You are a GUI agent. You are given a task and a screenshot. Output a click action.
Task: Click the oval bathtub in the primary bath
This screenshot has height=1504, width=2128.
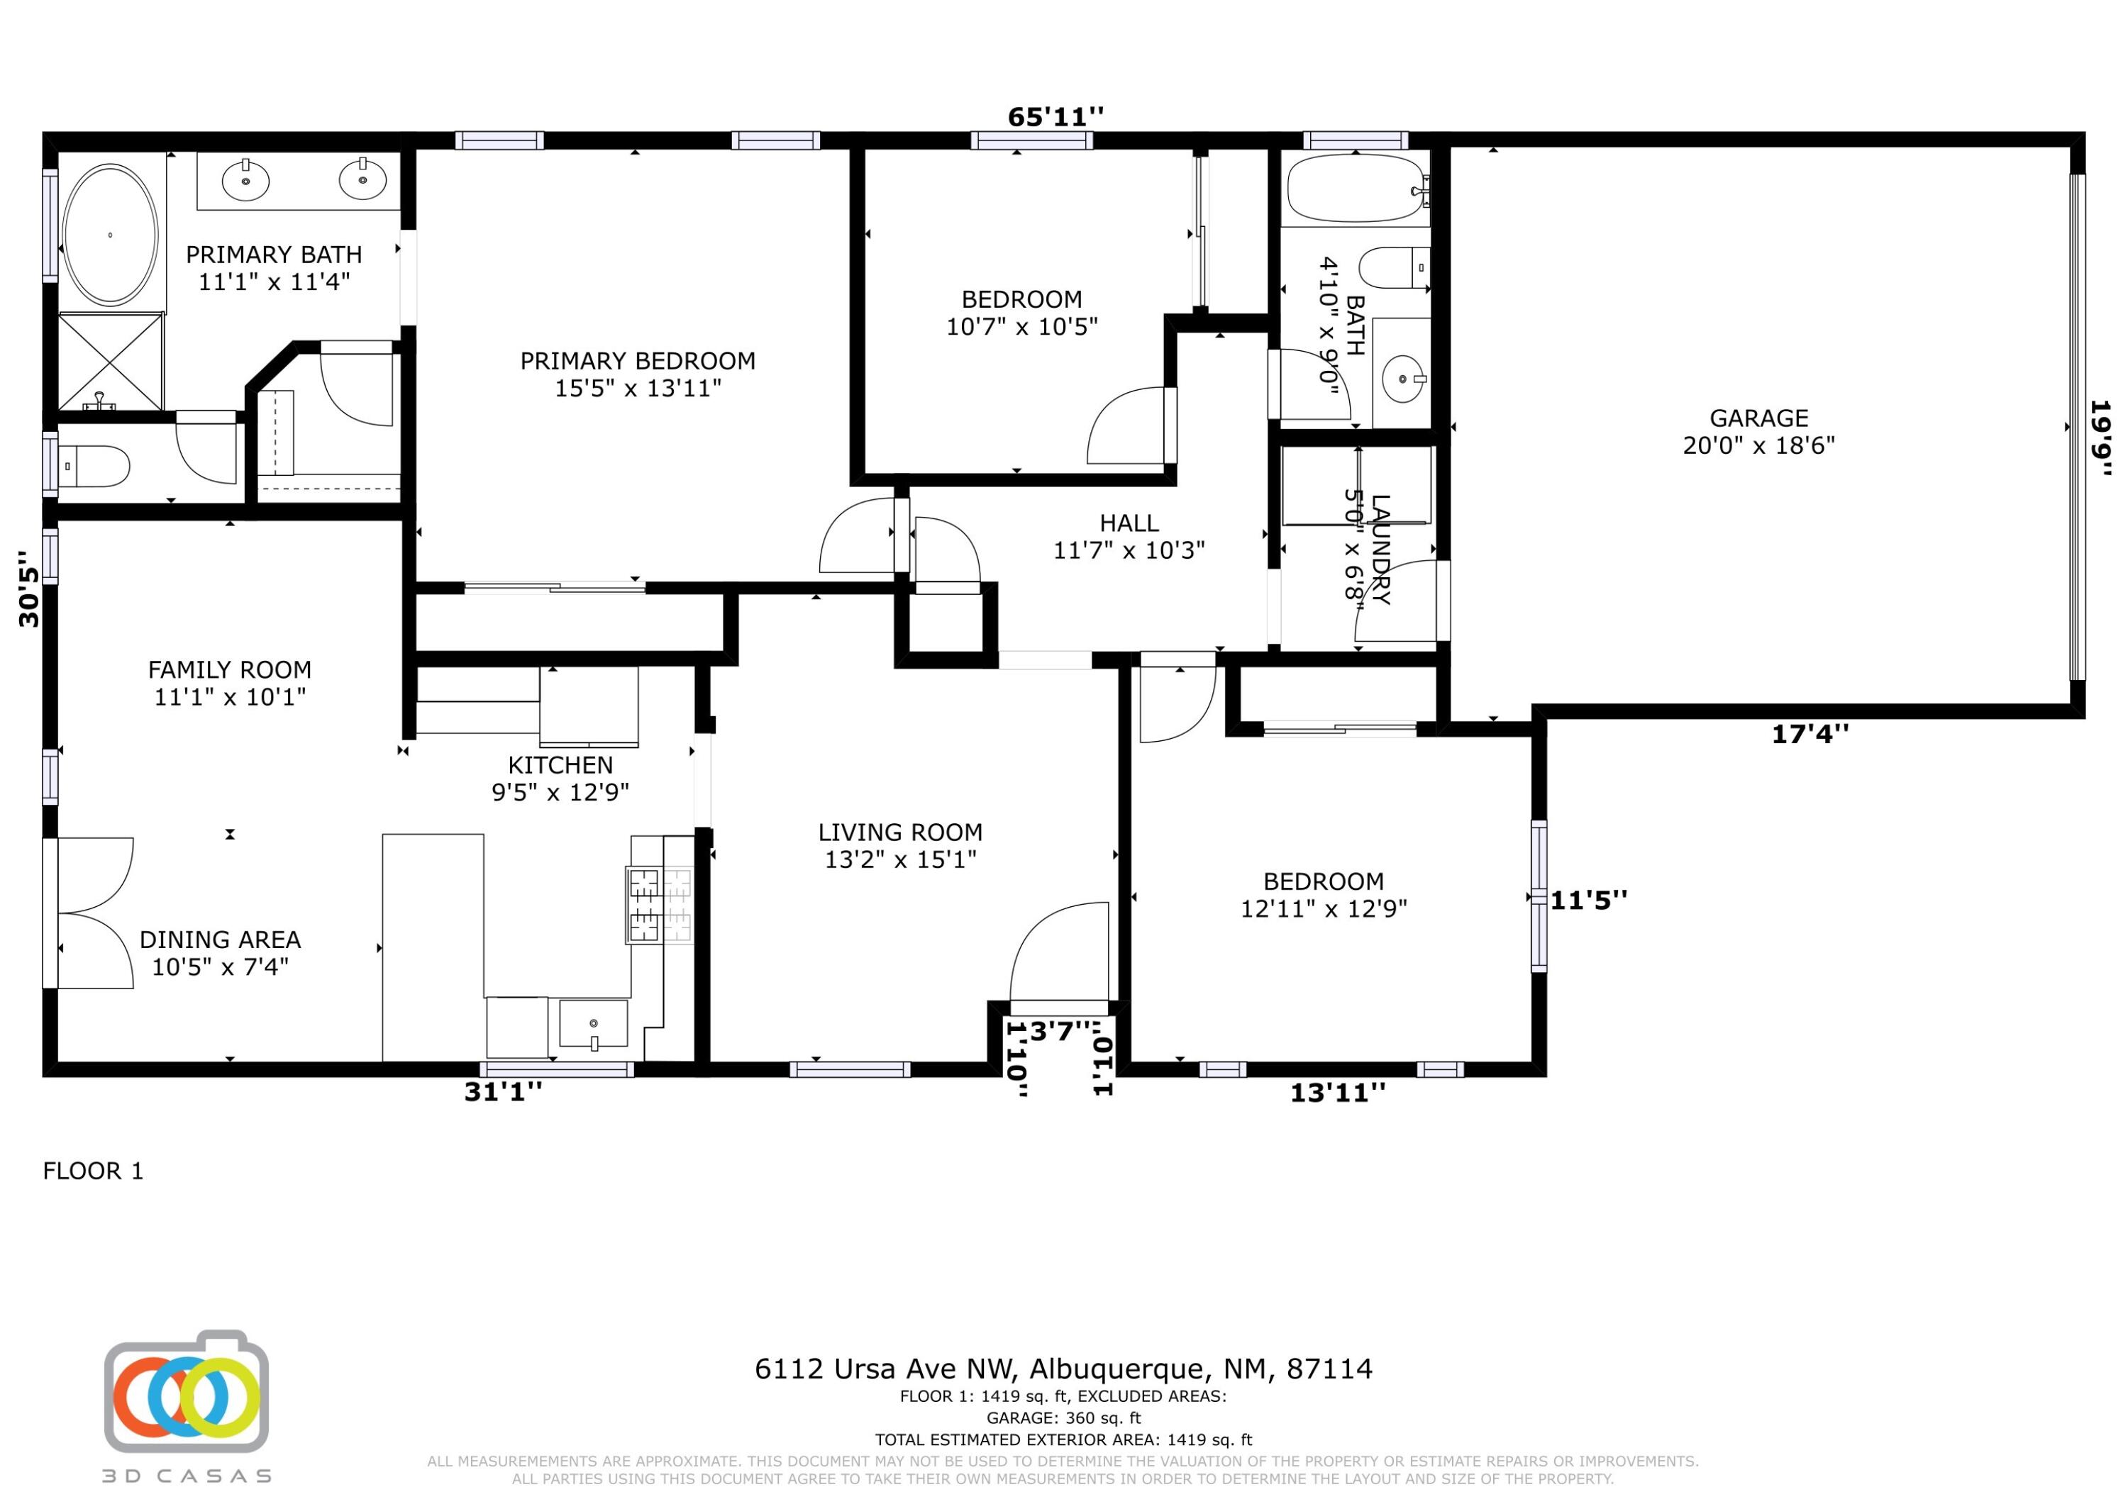pyautogui.click(x=109, y=235)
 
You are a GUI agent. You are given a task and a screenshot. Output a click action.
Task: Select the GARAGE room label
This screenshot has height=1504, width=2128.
pyautogui.click(x=1758, y=418)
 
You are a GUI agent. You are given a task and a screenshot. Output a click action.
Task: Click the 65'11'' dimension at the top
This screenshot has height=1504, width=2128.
pyautogui.click(x=1055, y=117)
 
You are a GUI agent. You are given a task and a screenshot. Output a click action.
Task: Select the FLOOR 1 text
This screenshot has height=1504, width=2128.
pyautogui.click(x=93, y=1171)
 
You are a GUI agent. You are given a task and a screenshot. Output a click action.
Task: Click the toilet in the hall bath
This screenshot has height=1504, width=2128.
pyautogui.click(x=1395, y=268)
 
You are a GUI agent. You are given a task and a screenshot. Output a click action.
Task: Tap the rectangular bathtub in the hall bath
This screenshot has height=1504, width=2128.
pyautogui.click(x=1356, y=188)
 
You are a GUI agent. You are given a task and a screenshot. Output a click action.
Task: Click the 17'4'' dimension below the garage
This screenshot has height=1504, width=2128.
pyautogui.click(x=1810, y=734)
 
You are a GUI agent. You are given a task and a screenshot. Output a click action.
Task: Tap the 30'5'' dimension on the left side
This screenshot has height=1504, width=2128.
pyautogui.click(x=30, y=589)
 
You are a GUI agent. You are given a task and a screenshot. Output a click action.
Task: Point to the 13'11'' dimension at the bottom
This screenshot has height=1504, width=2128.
pyautogui.click(x=1337, y=1093)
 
